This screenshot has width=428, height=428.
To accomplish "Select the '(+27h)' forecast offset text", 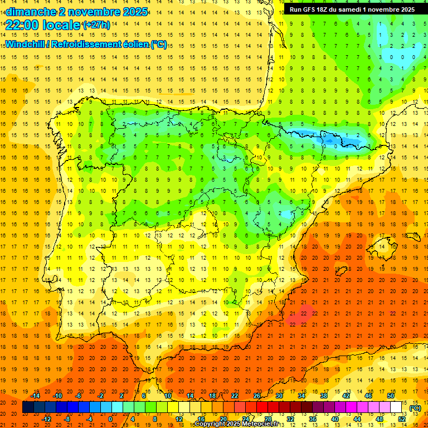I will [x=96, y=25].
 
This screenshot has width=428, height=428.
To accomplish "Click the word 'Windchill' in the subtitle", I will [x=26, y=44].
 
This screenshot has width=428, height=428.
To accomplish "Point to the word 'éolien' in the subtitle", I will [x=131, y=44].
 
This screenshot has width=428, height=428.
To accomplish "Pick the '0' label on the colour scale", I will [x=110, y=419].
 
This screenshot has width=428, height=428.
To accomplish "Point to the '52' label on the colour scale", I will [x=401, y=419].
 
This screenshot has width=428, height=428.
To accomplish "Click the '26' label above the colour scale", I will [x=257, y=395].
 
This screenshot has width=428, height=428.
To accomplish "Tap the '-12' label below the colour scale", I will [x=46, y=419].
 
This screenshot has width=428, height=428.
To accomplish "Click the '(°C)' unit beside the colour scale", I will [x=415, y=408].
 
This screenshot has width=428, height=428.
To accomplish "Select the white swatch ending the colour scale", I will [x=396, y=407].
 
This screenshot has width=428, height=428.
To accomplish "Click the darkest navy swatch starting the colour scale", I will [x=28, y=407].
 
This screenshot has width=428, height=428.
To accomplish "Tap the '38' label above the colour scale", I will [x=324, y=395].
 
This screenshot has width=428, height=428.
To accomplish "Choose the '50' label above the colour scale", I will [x=390, y=395].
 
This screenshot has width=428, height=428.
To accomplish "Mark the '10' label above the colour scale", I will [x=168, y=395].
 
